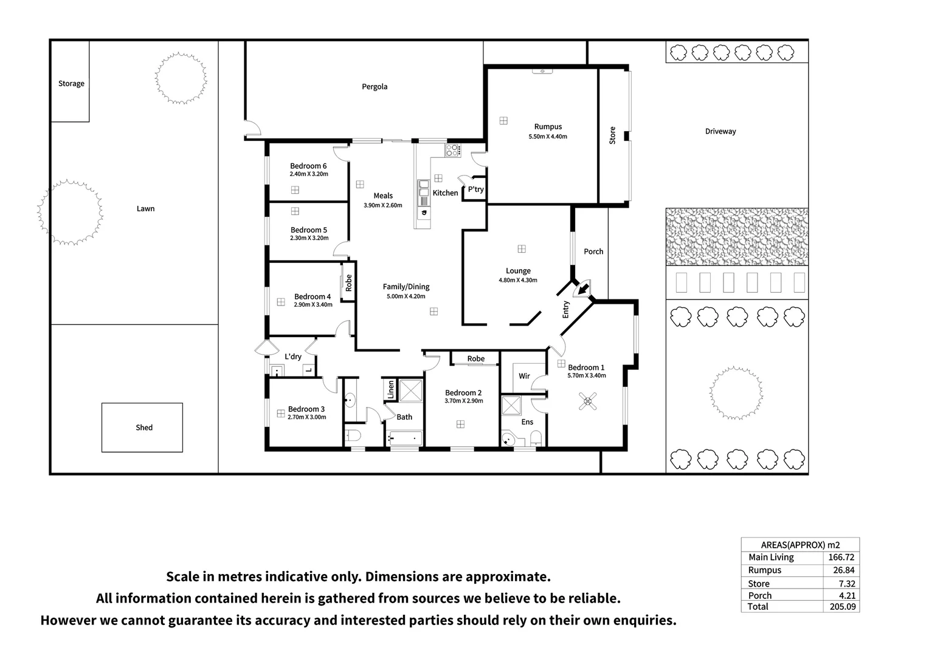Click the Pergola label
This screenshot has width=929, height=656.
[375, 87]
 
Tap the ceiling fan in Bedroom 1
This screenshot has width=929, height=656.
[588, 401]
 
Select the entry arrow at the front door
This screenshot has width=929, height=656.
[583, 289]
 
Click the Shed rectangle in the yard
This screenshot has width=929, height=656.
[142, 427]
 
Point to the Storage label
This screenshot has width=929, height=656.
[71, 83]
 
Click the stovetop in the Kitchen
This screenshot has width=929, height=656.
[453, 150]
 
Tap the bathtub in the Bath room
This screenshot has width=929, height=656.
[404, 439]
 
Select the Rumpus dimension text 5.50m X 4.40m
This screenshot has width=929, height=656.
[548, 136]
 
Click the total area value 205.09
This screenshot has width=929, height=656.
[842, 607]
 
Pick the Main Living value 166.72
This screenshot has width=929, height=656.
[841, 558]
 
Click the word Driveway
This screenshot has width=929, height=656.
[720, 131]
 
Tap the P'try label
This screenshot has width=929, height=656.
[475, 190]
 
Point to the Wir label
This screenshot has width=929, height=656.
[524, 376]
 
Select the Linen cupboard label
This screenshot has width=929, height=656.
[391, 390]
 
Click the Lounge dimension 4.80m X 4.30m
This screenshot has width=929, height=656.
[518, 280]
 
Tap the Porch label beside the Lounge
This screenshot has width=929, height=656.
[593, 251]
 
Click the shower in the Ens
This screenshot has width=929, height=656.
[511, 405]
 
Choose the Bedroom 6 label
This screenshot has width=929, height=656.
[308, 166]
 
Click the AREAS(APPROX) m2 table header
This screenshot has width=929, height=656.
[801, 545]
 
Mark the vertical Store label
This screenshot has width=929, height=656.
[613, 135]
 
